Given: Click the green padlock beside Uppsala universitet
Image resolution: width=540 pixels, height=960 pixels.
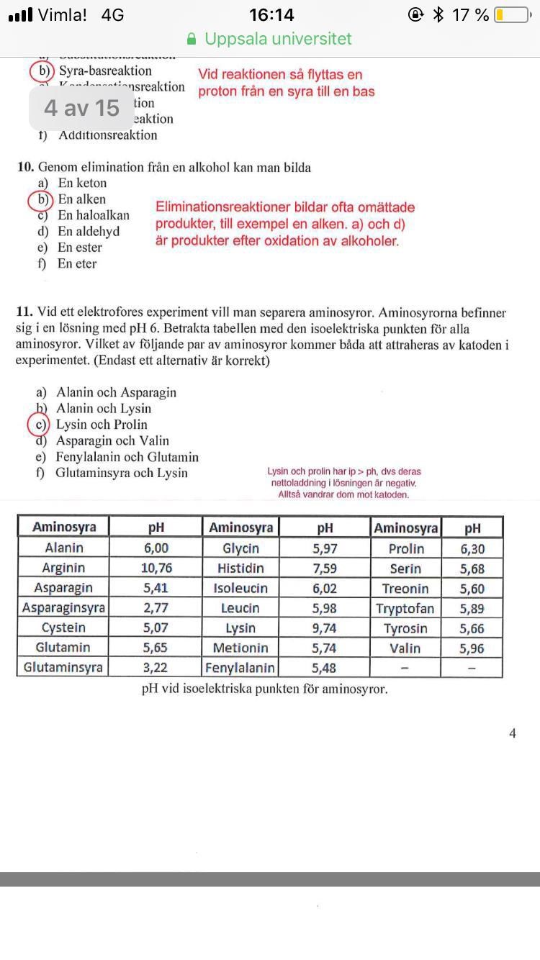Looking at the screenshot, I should click(192, 39).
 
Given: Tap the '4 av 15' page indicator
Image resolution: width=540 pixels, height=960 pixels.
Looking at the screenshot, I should click(81, 108).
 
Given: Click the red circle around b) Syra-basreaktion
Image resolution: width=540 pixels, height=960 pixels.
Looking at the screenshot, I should click(42, 71).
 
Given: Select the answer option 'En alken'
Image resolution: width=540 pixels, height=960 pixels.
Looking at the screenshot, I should click(82, 199).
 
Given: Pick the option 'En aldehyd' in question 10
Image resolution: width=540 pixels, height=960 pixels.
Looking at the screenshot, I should click(89, 231).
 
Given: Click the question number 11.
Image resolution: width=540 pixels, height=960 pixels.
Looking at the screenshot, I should click(24, 313).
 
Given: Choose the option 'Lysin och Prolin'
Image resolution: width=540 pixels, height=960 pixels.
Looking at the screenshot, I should click(102, 425).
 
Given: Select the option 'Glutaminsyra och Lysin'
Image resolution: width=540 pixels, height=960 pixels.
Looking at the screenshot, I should click(122, 473).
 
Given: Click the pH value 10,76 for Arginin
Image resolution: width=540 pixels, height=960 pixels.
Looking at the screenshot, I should click(156, 569).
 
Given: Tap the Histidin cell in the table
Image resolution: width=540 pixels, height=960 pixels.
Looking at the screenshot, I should click(240, 569).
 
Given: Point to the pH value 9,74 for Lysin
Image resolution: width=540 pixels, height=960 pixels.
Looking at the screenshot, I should click(324, 628).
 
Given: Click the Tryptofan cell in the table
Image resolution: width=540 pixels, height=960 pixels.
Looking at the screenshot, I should click(405, 609).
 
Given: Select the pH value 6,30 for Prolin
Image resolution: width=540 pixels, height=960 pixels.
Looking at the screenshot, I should click(472, 549).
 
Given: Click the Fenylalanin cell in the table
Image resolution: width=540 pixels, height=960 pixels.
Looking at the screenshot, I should click(240, 668).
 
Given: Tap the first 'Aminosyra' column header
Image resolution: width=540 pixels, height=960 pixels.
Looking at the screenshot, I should click(64, 527).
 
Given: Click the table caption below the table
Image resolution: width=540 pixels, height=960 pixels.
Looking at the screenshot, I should click(264, 689).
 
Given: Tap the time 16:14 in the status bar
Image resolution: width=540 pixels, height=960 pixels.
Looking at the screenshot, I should click(271, 15).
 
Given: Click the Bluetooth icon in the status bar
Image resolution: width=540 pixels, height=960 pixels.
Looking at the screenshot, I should click(438, 15).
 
